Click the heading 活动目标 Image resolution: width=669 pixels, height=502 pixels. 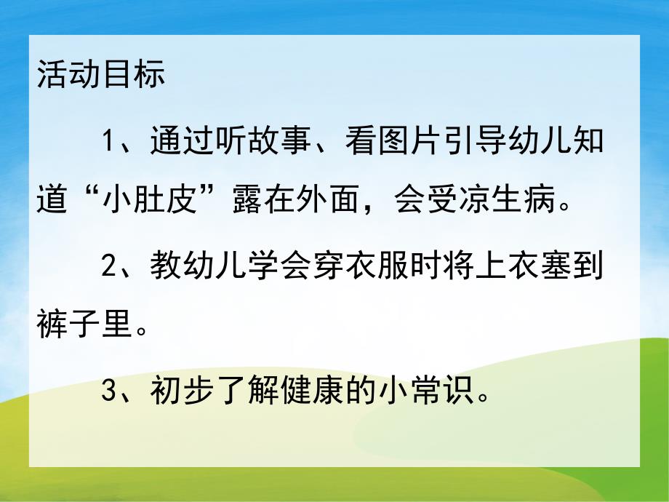coord(100,75)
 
